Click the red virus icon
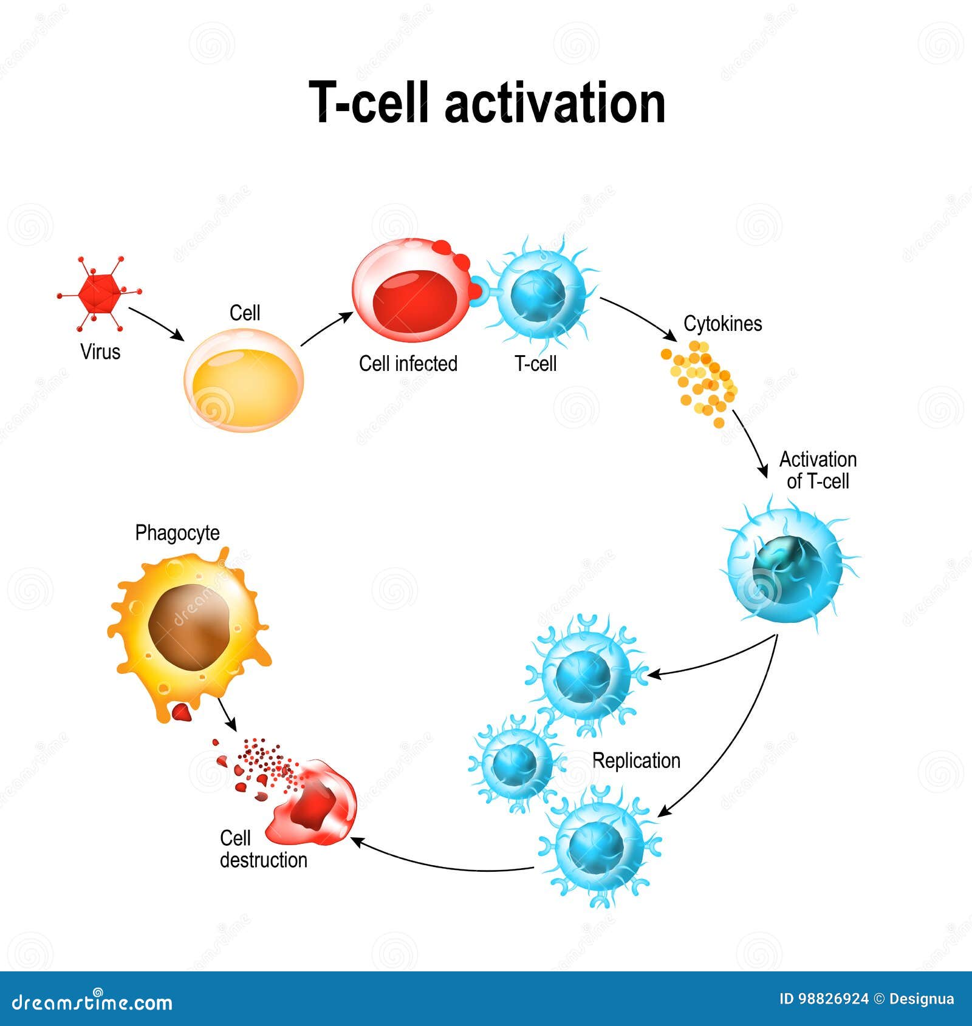pos(99,293)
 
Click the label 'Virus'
pos(100,352)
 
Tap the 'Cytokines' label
pos(722,324)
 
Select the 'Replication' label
pos(636,761)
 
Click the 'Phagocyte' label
pos(177,532)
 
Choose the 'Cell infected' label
pos(408,364)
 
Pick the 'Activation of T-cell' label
pos(818,471)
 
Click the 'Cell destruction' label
pos(262,849)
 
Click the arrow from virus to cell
pos(156,324)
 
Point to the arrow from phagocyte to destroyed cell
pos(227,714)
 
